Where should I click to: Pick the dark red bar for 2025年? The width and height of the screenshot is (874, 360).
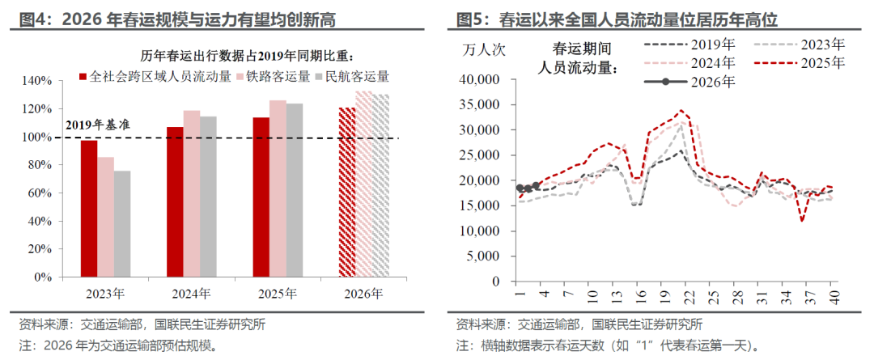[261, 197]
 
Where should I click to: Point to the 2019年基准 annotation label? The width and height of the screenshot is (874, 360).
[97, 125]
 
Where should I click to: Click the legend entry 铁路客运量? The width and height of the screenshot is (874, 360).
[278, 77]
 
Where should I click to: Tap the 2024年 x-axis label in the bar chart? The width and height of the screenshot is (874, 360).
[192, 294]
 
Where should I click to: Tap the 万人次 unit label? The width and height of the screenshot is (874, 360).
[484, 49]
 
